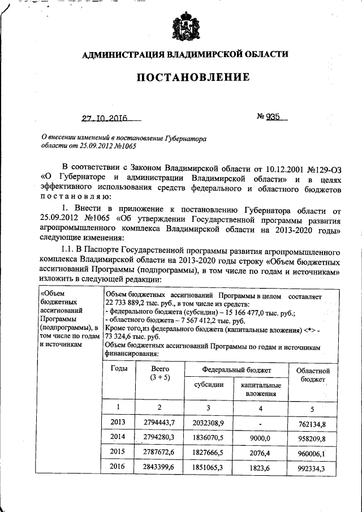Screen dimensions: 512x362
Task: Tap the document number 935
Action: click(x=274, y=118)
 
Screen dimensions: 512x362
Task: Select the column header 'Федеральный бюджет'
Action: click(x=236, y=369)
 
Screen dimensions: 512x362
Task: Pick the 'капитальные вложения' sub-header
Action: click(x=261, y=389)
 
